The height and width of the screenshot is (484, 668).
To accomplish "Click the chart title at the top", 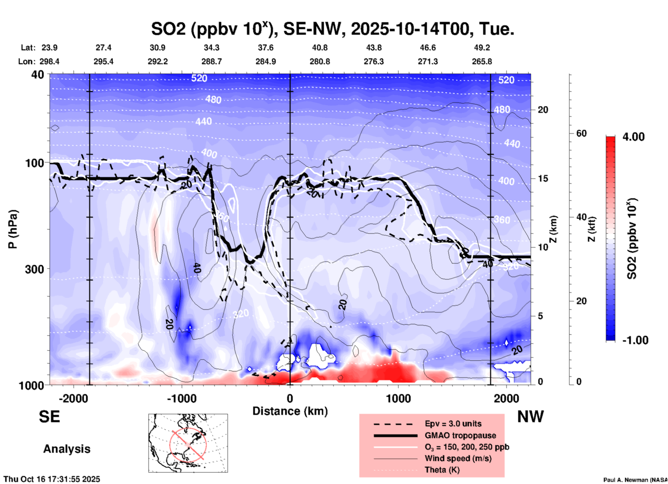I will point(332,28).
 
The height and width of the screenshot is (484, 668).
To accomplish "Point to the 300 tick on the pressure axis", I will point(34,269).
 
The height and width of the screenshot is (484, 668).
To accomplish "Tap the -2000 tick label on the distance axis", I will point(73,399).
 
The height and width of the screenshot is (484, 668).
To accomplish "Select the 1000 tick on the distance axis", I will point(398,399).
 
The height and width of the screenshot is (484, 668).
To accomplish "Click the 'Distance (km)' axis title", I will point(290,411).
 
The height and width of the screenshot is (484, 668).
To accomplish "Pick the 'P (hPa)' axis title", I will point(13,229).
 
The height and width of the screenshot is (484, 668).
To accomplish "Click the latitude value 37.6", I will point(266,48).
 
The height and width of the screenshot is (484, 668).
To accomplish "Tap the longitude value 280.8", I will point(320,62).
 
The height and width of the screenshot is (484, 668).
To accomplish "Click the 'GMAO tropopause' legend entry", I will point(460,435).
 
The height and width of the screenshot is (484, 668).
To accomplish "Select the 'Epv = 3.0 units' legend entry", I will point(453,424).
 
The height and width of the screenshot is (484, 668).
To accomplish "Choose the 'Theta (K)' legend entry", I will point(442,470).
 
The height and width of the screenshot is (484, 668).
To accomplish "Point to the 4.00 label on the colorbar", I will point(633,137).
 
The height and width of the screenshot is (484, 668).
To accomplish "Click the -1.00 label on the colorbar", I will point(635,340).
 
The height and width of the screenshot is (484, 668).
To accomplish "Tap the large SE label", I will point(49,417).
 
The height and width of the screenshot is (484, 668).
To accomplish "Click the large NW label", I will point(530,417).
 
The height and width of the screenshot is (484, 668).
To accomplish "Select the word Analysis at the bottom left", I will point(67,449).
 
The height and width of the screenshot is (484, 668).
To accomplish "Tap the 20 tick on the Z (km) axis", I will point(543,110).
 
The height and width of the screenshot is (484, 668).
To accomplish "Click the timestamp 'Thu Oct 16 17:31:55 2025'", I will point(52,479).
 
